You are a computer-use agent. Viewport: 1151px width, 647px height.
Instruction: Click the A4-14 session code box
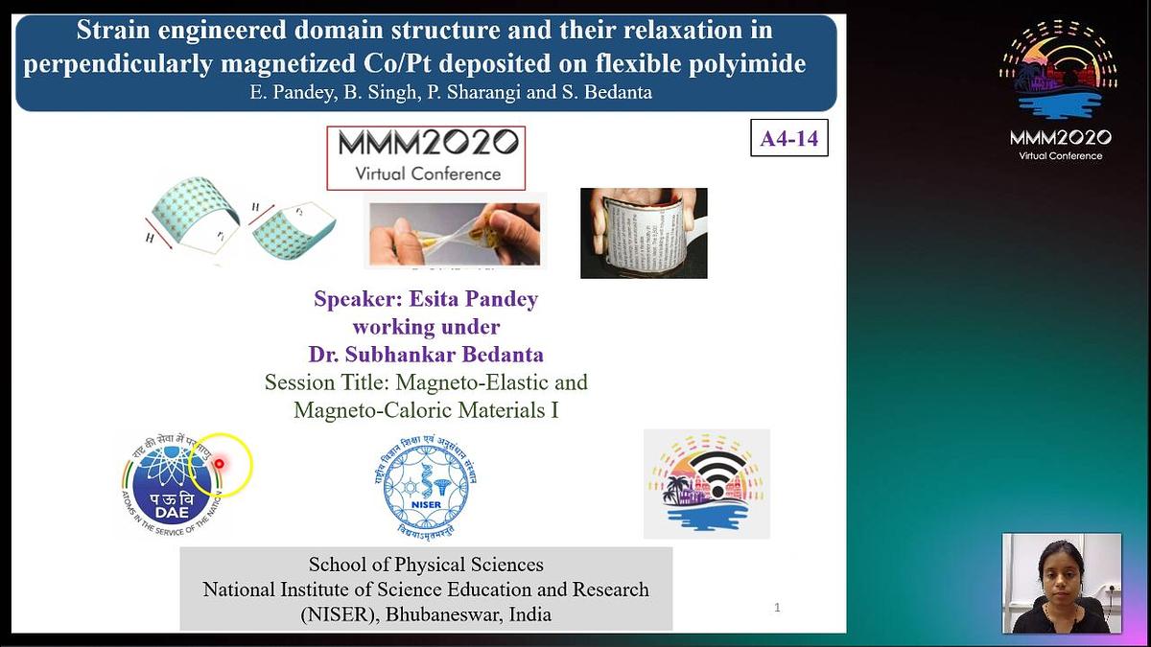[x=788, y=139]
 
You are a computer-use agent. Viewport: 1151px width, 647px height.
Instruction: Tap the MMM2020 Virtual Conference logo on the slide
[x=426, y=157]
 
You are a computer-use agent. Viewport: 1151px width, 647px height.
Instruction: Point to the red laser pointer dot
[x=219, y=464]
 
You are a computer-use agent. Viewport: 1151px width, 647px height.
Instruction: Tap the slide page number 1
[x=777, y=607]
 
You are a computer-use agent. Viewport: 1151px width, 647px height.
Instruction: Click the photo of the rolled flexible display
[x=644, y=233]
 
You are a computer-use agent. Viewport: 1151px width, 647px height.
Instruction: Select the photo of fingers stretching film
[x=456, y=231]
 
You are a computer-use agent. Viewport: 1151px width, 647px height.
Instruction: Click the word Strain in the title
[x=110, y=31]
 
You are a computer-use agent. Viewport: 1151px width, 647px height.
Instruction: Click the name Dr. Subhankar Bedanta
[x=426, y=355]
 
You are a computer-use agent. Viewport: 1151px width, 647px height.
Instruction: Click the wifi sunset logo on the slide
[x=707, y=484]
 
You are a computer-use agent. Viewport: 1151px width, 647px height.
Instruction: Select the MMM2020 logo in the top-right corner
[x=1060, y=91]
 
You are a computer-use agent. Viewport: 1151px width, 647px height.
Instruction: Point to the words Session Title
[x=326, y=382]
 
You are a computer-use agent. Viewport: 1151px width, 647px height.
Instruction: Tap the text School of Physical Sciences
[x=426, y=565]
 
